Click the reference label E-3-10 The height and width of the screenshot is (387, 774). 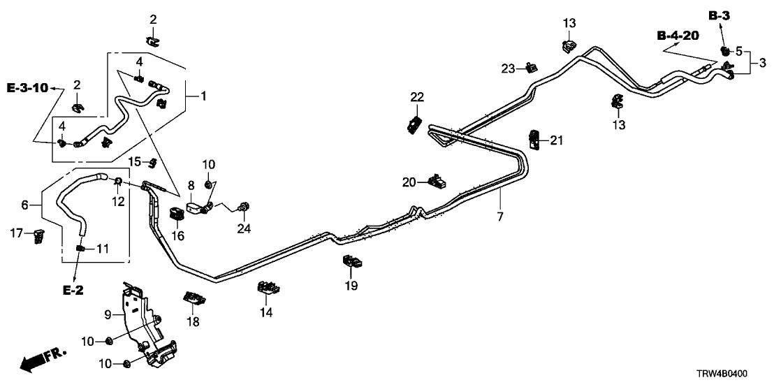[x=27, y=88]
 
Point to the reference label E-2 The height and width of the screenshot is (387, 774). [x=73, y=289]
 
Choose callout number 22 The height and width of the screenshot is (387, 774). [x=417, y=96]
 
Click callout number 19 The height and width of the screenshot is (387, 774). [x=351, y=285]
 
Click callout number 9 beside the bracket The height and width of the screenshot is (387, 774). [x=108, y=314]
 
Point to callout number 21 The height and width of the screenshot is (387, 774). [x=556, y=141]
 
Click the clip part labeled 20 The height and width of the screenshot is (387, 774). [x=439, y=183]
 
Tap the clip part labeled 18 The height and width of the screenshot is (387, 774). [x=194, y=299]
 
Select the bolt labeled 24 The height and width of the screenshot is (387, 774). [x=244, y=207]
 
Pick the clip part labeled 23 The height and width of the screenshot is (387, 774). [x=532, y=68]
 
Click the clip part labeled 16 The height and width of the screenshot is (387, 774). [x=177, y=212]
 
